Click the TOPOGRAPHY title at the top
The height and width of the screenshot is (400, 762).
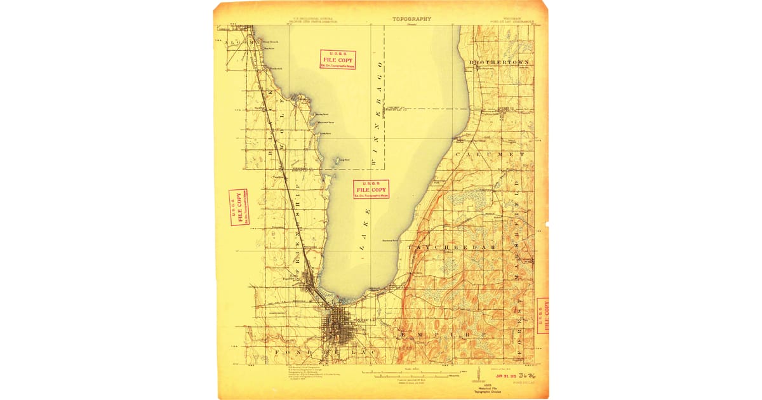[x=411, y=19]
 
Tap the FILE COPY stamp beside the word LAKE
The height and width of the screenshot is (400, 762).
[x=371, y=189]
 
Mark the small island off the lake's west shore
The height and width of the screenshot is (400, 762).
[x=337, y=161]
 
